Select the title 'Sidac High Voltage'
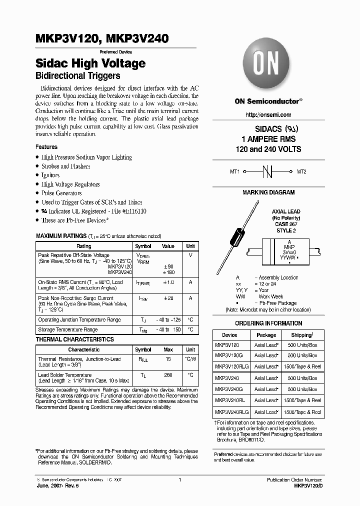tap(90, 63)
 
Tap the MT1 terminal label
tap(234, 171)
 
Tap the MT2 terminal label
tap(301, 171)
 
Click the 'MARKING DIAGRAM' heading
tap(268, 192)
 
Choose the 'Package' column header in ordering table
tap(266, 335)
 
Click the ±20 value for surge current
tap(168, 298)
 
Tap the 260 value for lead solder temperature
tap(168, 375)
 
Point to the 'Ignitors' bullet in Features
tap(50, 175)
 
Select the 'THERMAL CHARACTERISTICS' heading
tap(74, 339)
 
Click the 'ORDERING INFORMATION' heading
tap(268, 323)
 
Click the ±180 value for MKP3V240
tap(168, 272)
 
